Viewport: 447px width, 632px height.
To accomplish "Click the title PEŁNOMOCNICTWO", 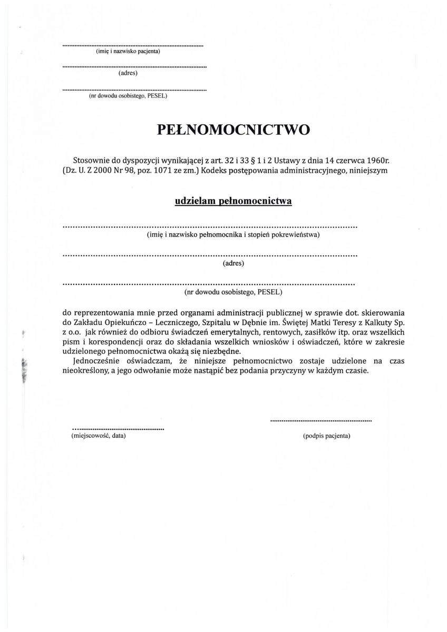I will pos(234,130).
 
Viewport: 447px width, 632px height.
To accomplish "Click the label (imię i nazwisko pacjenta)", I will pos(128,52).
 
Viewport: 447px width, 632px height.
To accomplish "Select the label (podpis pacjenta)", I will pos(327,436).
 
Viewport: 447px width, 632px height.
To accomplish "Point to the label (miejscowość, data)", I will pos(99,436).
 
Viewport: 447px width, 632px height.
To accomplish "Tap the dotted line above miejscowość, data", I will pos(118,429).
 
